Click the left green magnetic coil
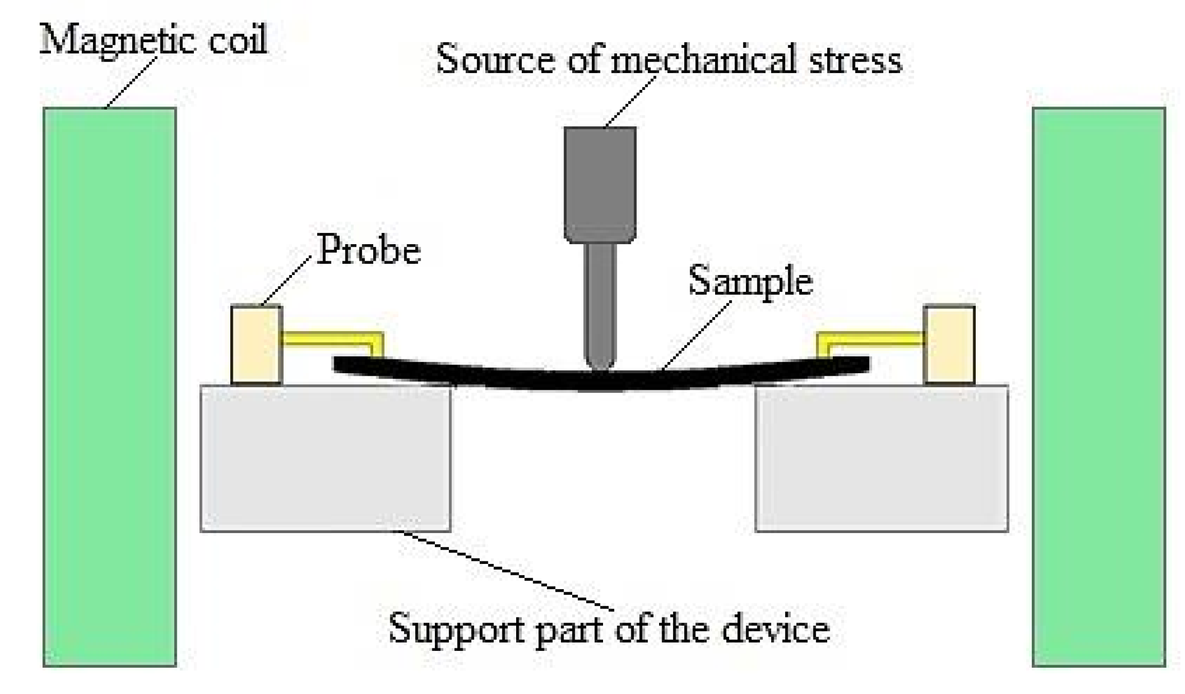[x=110, y=386]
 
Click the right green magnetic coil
[x=1098, y=386]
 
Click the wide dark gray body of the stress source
[x=599, y=182]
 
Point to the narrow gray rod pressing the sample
[x=599, y=303]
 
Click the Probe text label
[x=368, y=251]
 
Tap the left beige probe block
[x=256, y=344]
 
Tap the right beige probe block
[x=949, y=344]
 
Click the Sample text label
[x=750, y=282]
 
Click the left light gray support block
[x=325, y=458]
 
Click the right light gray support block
[x=881, y=458]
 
